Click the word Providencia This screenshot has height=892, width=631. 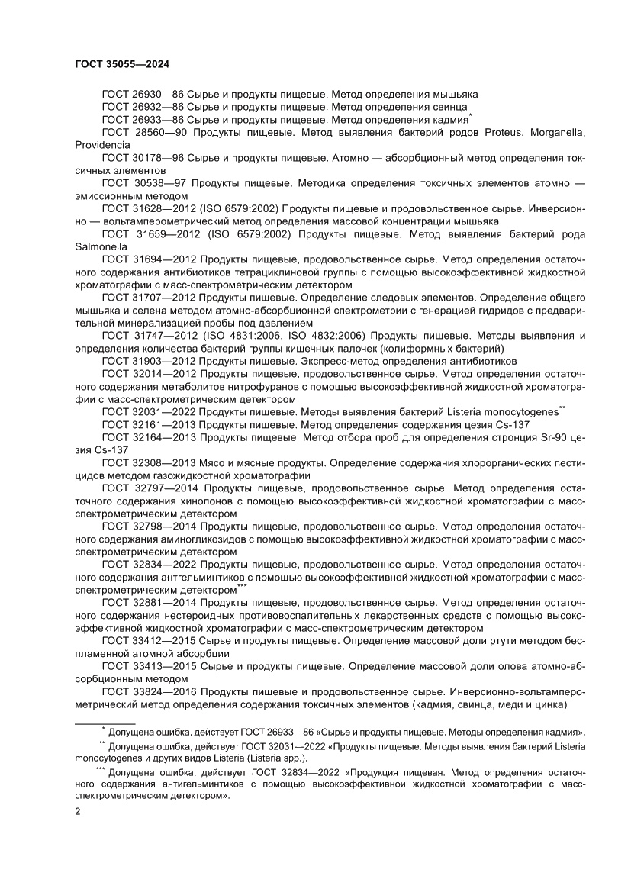(x=102, y=144)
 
